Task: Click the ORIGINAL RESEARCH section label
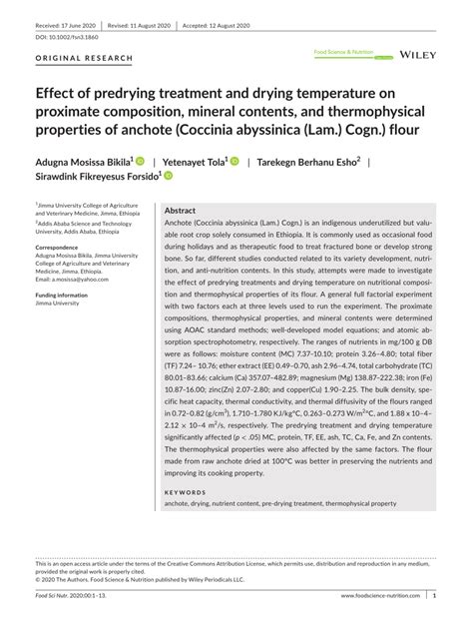tap(84, 59)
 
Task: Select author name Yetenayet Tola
tap(196, 160)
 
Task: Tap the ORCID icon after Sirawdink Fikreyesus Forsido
tap(168, 176)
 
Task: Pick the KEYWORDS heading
tap(185, 492)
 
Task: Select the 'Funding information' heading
tap(63, 296)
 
